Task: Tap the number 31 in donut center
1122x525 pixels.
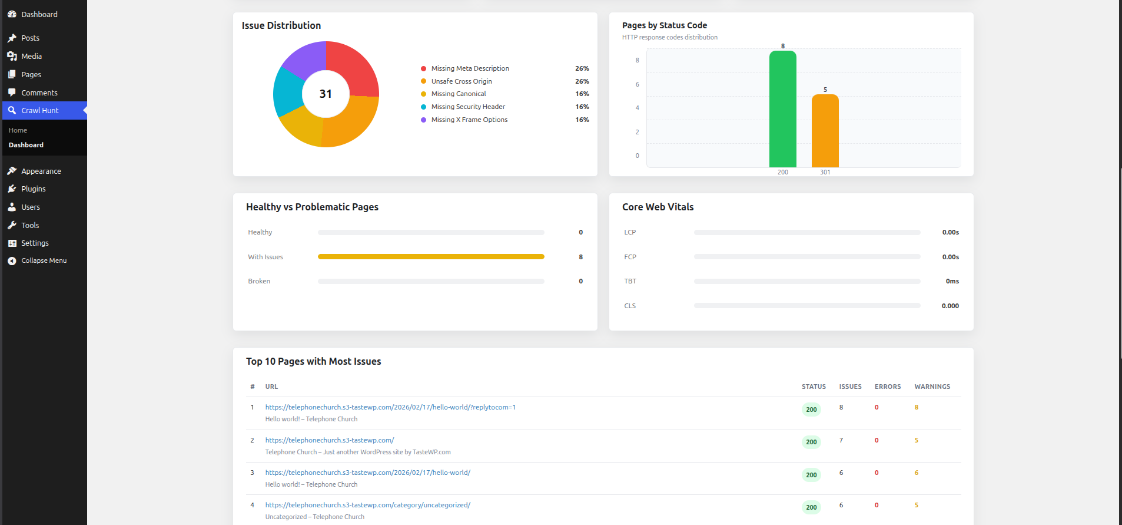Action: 326,94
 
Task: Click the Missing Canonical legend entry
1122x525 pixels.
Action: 458,94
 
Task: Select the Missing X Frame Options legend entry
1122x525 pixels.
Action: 469,120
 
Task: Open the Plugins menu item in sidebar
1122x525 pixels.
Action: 33,189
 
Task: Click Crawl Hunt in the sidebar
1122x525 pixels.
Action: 39,111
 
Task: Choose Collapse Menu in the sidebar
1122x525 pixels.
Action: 44,260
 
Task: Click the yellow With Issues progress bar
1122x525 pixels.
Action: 430,257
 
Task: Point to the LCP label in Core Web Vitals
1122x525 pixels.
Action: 630,232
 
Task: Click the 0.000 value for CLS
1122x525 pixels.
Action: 950,306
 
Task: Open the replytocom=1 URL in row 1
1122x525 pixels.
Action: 390,407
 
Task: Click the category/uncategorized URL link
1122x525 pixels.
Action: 367,505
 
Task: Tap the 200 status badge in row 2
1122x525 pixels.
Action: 811,442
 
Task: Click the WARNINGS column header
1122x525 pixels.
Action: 932,387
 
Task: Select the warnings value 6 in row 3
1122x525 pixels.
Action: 916,473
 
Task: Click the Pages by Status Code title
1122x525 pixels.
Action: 664,25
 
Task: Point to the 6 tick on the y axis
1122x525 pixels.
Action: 637,84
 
